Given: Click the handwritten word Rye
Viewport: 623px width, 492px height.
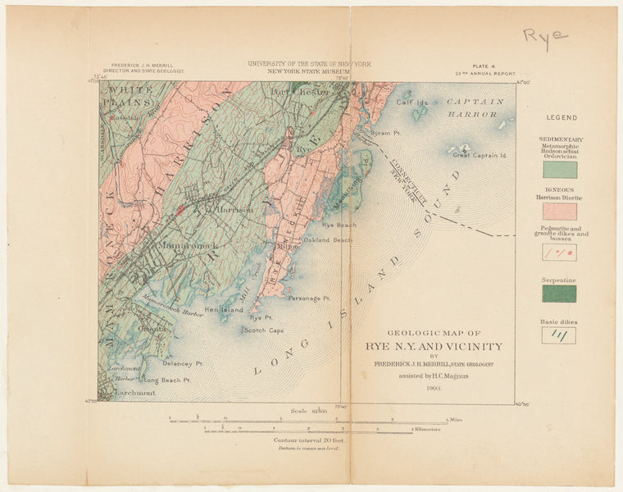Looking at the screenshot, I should pos(545,37).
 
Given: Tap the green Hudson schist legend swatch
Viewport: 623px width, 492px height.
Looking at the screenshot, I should pos(559,170).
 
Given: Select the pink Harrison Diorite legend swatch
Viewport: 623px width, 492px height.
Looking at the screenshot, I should pos(559,211).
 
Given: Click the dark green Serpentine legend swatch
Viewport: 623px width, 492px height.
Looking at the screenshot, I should pos(559,294).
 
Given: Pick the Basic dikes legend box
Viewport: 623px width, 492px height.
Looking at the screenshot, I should pos(559,335).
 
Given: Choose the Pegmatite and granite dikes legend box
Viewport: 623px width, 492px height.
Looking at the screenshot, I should pos(559,253).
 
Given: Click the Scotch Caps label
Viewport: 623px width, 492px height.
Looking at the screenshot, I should pos(262,330).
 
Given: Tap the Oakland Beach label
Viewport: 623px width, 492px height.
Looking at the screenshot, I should pos(327,240).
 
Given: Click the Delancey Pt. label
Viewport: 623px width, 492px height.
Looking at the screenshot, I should pos(182,362).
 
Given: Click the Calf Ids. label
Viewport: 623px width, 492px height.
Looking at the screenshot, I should pos(413,102).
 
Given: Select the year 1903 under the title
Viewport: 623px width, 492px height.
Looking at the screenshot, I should pos(434,388).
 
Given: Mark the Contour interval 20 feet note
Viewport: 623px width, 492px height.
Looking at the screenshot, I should pos(307,440).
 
